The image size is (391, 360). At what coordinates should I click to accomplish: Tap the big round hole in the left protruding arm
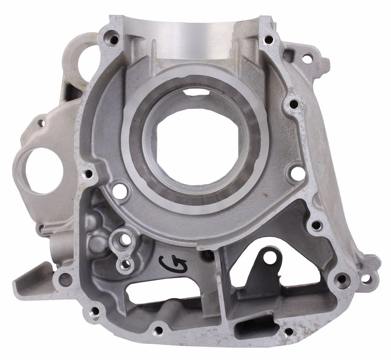tap(44, 171)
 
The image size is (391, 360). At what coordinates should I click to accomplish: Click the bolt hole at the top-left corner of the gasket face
tap(113, 39)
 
